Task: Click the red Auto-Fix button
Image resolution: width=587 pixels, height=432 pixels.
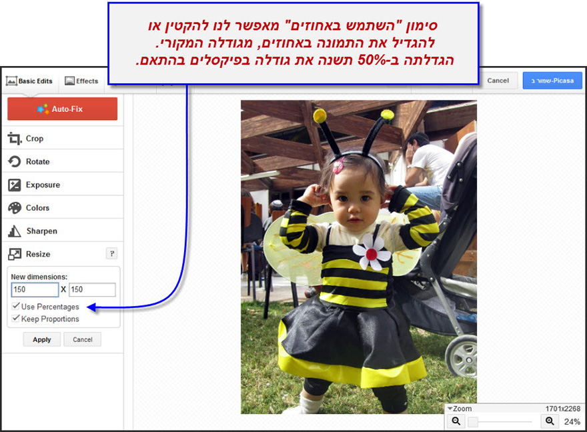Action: (x=62, y=109)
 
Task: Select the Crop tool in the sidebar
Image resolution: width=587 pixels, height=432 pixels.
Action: (x=35, y=139)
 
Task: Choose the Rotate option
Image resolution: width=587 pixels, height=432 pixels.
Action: (x=37, y=161)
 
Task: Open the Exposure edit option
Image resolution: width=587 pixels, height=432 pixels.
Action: (x=43, y=185)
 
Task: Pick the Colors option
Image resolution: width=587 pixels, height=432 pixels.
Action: (x=37, y=208)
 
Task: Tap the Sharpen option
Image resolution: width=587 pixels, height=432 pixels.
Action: (x=41, y=231)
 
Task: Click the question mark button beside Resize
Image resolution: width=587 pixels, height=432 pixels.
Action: (x=112, y=253)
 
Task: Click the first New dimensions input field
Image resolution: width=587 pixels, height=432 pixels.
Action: (x=35, y=289)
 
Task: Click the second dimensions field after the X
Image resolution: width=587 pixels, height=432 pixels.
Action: (x=92, y=289)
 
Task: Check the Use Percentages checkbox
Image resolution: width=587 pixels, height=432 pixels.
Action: (x=16, y=307)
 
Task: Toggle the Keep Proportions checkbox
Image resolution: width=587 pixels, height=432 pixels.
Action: (x=16, y=319)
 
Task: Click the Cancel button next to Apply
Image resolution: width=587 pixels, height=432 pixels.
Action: (x=83, y=339)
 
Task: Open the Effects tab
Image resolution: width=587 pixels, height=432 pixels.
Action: (x=81, y=81)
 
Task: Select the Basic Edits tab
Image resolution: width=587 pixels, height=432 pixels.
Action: (x=29, y=81)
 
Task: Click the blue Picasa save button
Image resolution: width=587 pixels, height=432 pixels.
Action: (x=552, y=81)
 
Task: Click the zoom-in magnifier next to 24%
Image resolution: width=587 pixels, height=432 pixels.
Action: (x=550, y=421)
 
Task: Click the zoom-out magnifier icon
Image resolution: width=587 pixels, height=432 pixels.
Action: (x=456, y=421)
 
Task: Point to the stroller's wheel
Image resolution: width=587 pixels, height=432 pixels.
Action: (x=462, y=357)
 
